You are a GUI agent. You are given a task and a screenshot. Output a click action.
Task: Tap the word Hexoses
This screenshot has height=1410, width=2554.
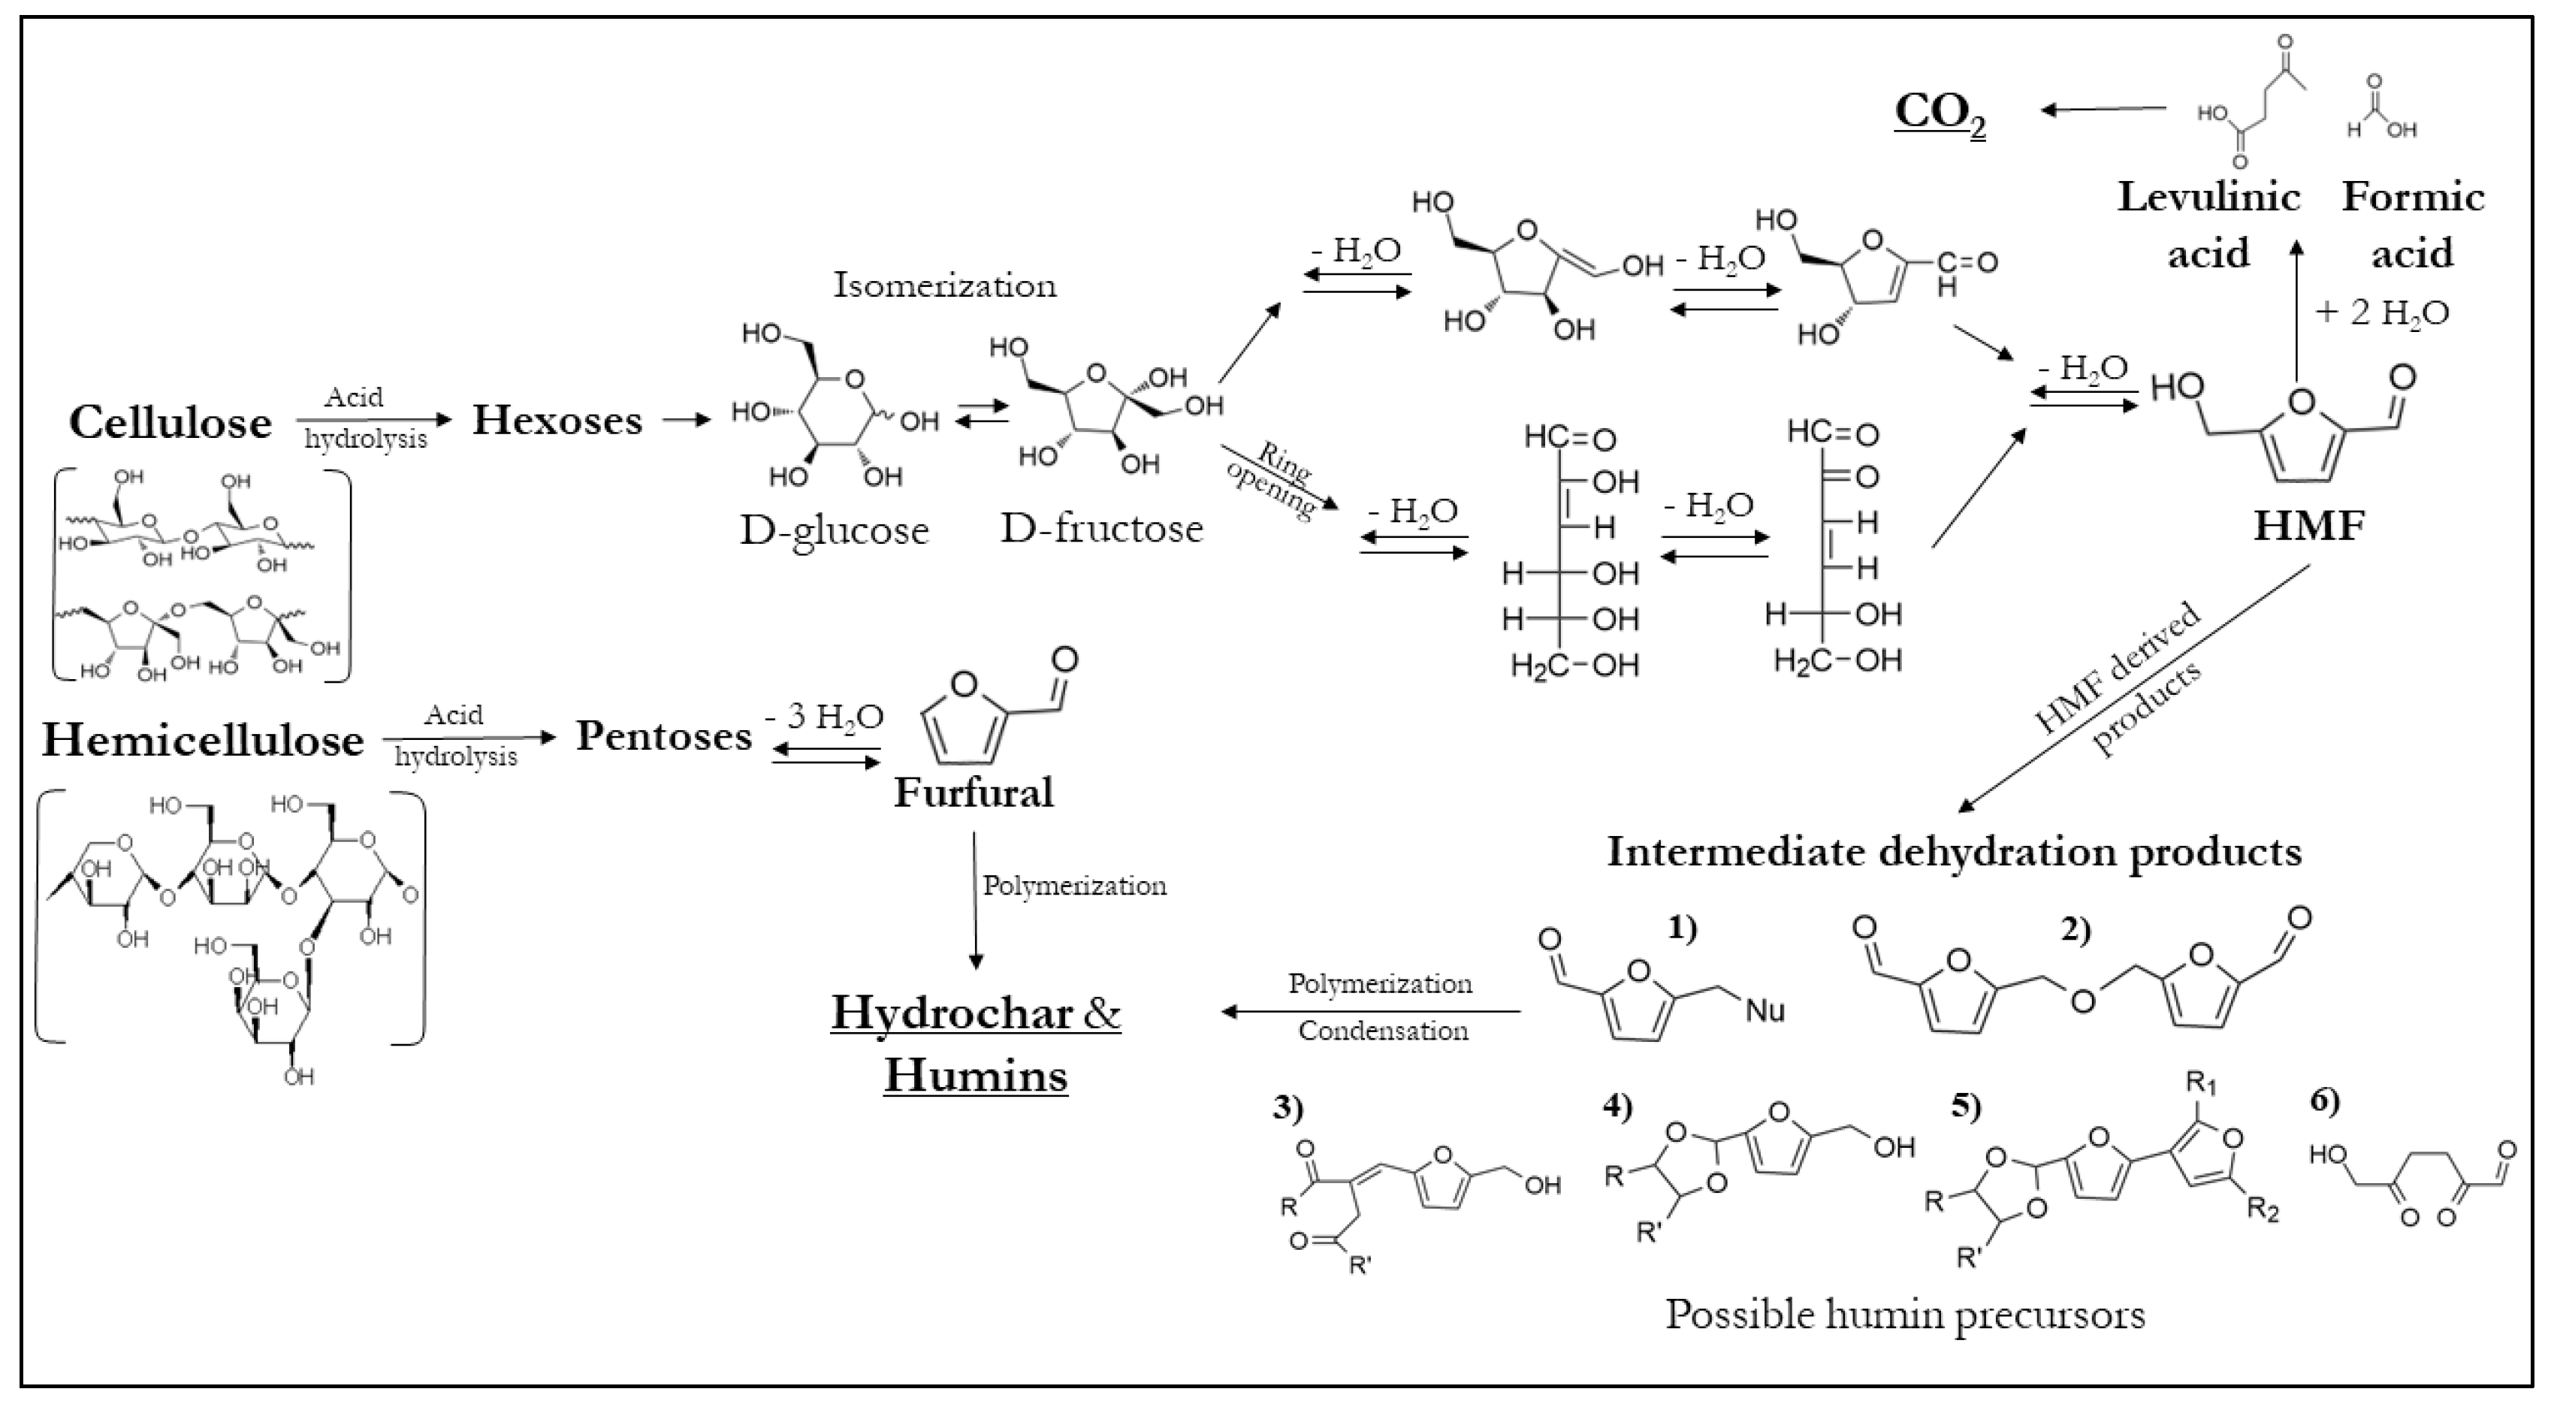[557, 421]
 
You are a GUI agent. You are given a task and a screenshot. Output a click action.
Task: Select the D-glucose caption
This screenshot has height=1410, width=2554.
[834, 530]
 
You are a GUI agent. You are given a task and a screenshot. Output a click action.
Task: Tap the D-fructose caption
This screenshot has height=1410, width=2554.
[1100, 529]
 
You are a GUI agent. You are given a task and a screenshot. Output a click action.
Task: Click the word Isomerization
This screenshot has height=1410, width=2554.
[944, 285]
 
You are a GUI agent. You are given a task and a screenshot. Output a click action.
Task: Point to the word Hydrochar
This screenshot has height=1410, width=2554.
[952, 1013]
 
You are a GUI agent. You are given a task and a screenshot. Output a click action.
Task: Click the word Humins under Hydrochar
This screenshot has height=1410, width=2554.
[976, 1076]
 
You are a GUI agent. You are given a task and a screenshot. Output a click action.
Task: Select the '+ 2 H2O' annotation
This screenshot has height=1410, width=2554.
[2381, 313]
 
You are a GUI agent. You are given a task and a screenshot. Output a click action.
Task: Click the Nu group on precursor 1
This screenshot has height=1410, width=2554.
[1765, 1010]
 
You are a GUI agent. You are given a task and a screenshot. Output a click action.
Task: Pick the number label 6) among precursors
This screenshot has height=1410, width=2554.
[2325, 1100]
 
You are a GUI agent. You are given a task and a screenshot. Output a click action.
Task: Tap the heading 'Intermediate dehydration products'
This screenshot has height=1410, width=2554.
[1953, 852]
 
